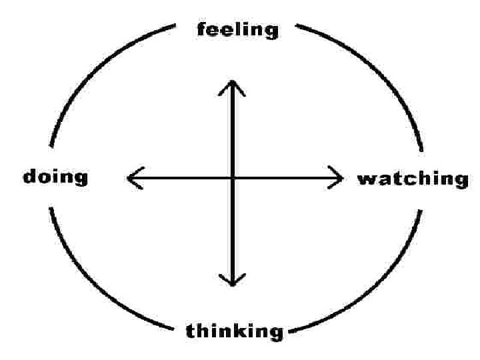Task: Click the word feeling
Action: coord(237,30)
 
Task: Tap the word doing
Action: coord(55,177)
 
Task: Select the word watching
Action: coord(413,179)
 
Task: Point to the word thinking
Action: coord(235,331)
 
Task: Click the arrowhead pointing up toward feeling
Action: coord(231,83)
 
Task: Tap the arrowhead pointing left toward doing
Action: coord(129,179)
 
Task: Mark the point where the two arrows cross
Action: coord(231,179)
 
